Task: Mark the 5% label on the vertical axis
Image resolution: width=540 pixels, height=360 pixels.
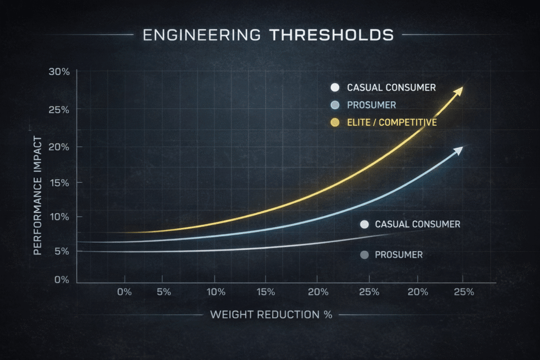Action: tap(62, 251)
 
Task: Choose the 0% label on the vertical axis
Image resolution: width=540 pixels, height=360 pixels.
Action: tap(62, 280)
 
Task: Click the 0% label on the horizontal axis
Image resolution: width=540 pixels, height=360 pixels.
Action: tap(124, 292)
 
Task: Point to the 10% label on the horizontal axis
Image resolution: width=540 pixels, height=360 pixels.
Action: tap(216, 292)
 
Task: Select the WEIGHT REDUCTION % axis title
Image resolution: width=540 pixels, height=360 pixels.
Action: tap(271, 315)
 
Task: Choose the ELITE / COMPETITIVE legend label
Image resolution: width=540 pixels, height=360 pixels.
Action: tap(392, 123)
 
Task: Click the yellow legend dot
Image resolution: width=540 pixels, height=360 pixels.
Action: tap(334, 123)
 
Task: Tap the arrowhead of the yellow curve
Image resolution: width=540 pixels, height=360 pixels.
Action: tap(459, 90)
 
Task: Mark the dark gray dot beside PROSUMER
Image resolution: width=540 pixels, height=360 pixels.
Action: tap(363, 255)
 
